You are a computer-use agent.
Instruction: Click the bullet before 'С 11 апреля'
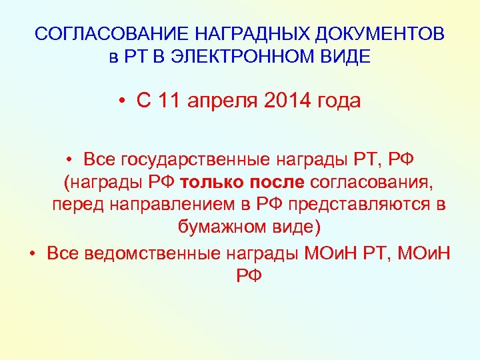(123, 102)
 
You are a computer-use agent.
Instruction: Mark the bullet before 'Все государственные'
(69, 161)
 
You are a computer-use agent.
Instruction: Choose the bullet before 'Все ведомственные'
(33, 254)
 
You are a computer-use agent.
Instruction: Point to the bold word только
(213, 183)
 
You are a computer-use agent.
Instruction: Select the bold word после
(278, 183)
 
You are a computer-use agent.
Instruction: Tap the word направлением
(158, 205)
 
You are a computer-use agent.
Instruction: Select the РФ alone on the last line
(249, 275)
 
